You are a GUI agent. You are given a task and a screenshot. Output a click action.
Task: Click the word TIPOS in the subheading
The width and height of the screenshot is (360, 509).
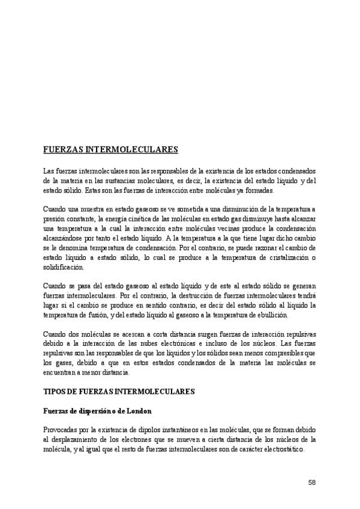click(x=55, y=391)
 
